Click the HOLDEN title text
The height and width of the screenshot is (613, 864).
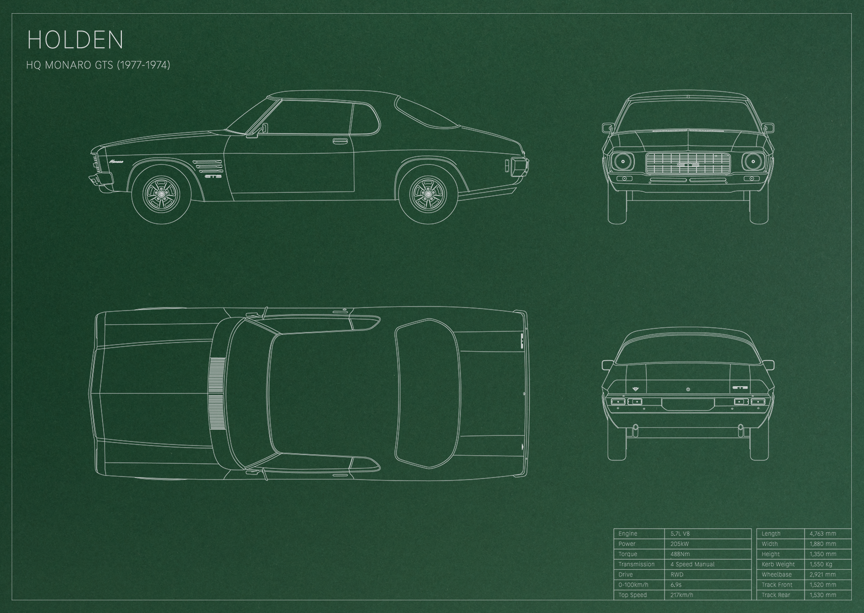[75, 40]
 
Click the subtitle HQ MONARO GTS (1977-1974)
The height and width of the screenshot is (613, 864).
[98, 65]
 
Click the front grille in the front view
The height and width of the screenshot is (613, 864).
[688, 163]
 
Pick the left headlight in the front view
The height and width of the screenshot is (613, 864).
[622, 161]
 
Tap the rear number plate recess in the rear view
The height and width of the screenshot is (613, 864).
[688, 403]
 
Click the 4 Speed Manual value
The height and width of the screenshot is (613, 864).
[692, 564]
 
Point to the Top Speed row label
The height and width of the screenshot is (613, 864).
[633, 595]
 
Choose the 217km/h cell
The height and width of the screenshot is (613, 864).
[682, 595]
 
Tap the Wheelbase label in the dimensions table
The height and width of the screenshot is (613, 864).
[777, 574]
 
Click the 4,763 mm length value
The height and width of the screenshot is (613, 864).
[823, 533]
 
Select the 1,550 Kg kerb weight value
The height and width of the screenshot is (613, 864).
[821, 564]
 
